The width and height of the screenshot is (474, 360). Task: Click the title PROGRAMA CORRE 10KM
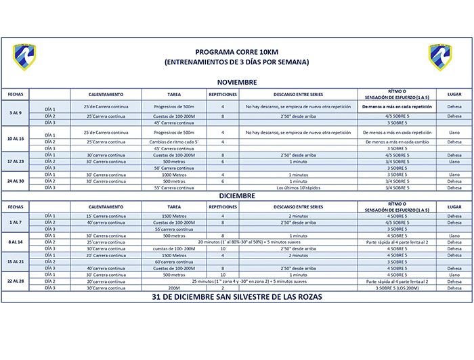coord(236,51)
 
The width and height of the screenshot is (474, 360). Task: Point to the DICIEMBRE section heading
coord(236,195)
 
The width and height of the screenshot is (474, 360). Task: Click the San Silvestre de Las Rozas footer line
coord(236,297)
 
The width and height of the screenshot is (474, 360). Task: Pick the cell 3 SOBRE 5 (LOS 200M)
coord(397,288)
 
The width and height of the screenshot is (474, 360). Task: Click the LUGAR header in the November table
coord(454,94)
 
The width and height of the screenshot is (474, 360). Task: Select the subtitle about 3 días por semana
coord(236,62)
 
